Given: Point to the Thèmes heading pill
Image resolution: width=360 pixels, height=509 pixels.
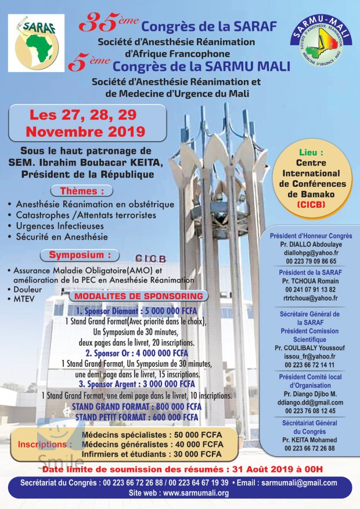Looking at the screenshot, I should point(87,190).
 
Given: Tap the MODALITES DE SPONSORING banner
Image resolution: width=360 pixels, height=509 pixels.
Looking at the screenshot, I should point(139,296).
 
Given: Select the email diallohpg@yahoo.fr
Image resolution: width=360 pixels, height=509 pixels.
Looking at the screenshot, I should point(309,252).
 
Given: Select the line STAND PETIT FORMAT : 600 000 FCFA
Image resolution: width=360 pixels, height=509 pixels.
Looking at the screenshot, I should point(136,417).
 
